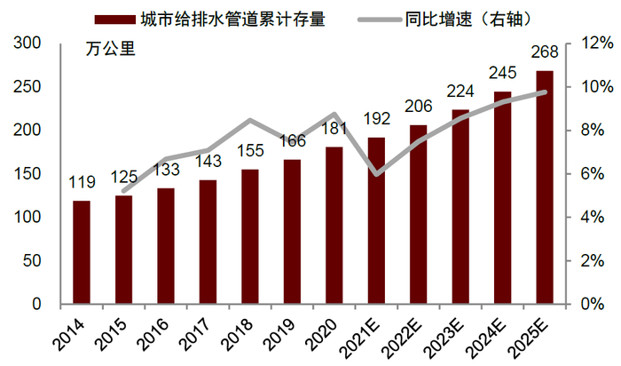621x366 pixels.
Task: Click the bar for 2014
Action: tap(81, 252)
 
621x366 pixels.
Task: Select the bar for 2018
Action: tap(250, 236)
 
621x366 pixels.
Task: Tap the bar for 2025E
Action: tap(545, 187)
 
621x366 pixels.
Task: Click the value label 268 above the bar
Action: tap(545, 52)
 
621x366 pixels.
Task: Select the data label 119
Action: tap(81, 183)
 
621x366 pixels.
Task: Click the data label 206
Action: tap(418, 107)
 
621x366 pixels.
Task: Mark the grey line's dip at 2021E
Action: tap(376, 174)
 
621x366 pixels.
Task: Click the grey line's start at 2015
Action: tap(123, 191)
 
